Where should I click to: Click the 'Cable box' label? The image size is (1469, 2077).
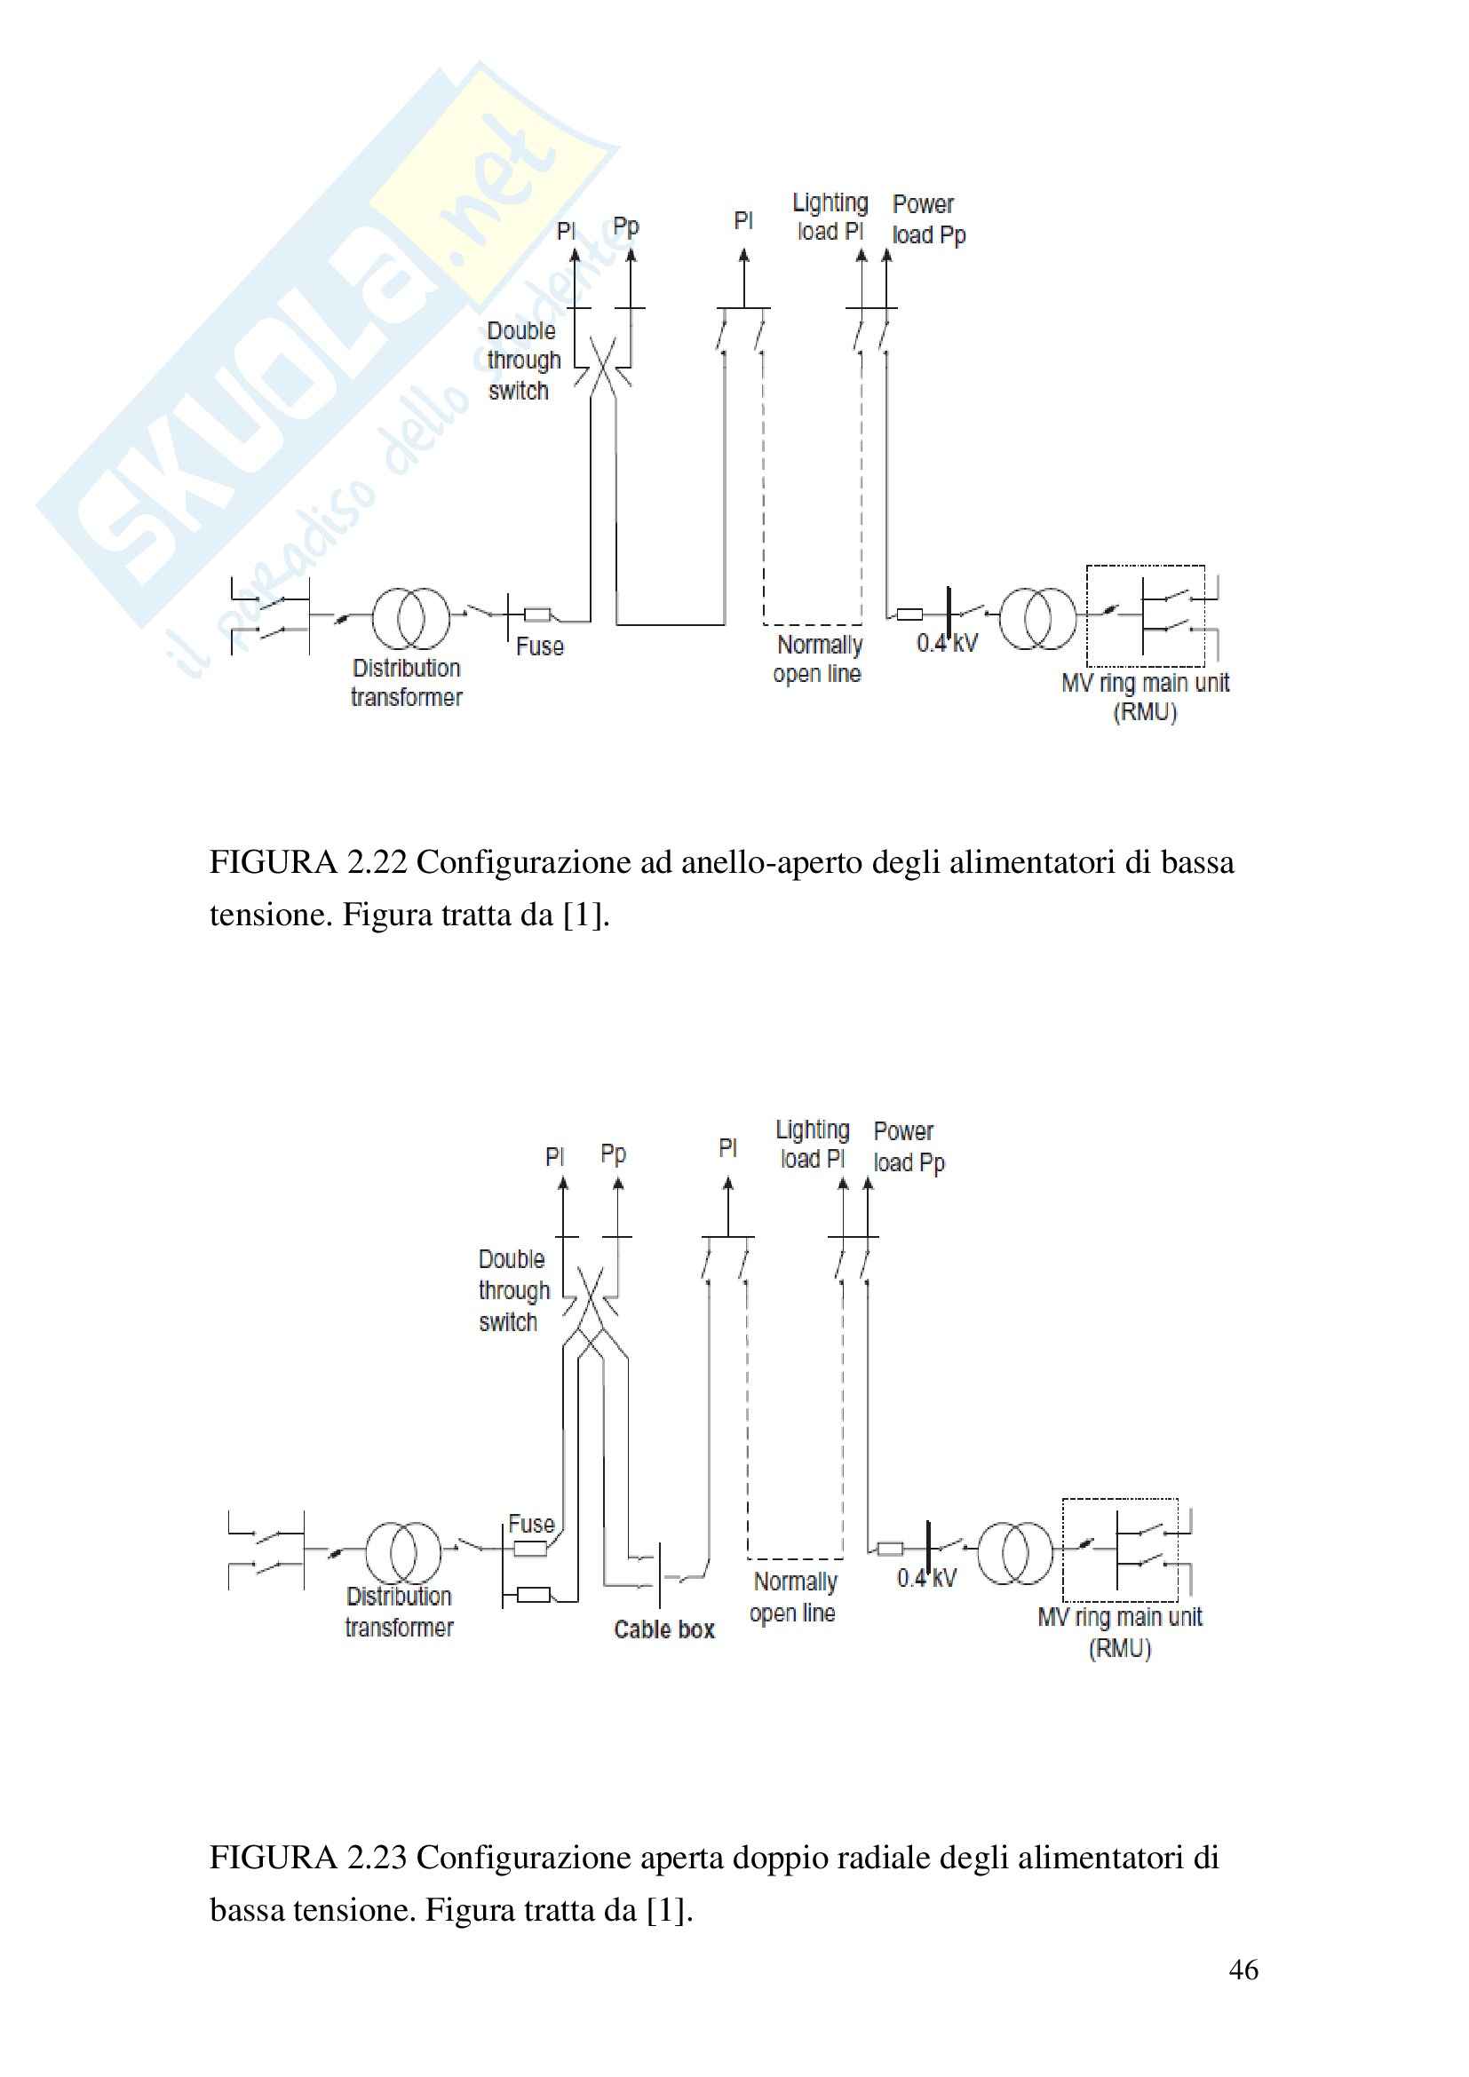664,1629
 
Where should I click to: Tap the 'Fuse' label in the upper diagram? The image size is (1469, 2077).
540,646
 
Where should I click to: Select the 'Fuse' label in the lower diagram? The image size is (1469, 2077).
531,1525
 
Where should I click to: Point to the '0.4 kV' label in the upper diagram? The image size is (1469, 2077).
947,643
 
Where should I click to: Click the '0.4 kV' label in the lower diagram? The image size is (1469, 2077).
926,1579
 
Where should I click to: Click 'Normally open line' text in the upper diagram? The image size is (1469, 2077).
819,660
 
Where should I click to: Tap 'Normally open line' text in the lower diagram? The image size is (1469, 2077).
794,1597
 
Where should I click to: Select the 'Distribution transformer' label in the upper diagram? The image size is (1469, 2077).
406,683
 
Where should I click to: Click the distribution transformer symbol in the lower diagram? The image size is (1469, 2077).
403,1552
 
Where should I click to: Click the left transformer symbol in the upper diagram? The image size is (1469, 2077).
411,618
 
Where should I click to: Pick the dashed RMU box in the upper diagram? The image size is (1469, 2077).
1145,615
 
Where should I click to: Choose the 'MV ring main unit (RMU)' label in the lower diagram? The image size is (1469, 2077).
1120,1633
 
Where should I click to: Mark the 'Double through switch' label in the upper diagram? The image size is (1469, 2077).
524,360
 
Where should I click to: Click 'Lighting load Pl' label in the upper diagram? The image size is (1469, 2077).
830,217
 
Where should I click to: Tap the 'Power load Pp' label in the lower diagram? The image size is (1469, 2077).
909,1147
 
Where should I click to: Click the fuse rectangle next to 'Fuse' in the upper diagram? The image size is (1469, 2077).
537,615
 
